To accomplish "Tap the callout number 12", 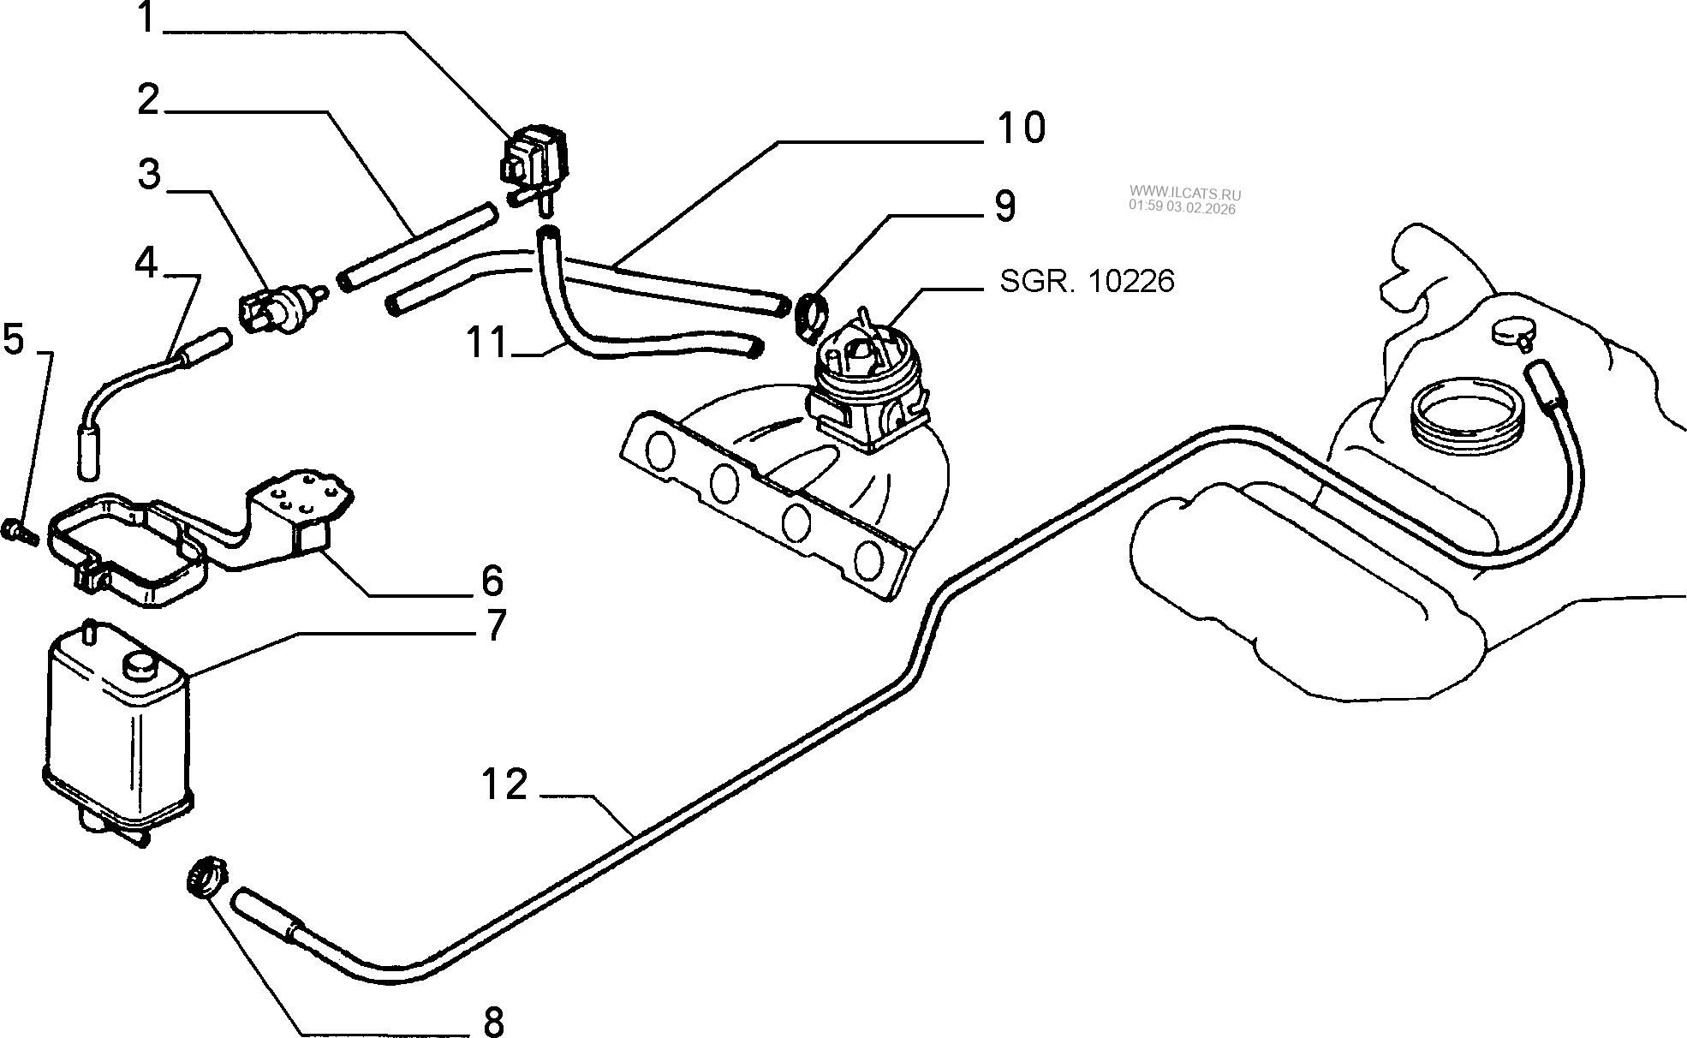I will pyautogui.click(x=504, y=784).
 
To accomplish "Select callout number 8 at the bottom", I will pyautogui.click(x=493, y=1021).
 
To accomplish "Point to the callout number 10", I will pyautogui.click(x=1021, y=128).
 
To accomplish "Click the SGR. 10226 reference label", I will pyautogui.click(x=1087, y=281).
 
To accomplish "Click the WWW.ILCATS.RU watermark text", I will pyautogui.click(x=1185, y=194).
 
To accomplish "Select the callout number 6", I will pyautogui.click(x=492, y=581).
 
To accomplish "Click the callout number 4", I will pyautogui.click(x=146, y=262).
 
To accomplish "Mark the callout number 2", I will pyautogui.click(x=149, y=101).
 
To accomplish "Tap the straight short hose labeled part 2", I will pyautogui.click(x=417, y=244).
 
